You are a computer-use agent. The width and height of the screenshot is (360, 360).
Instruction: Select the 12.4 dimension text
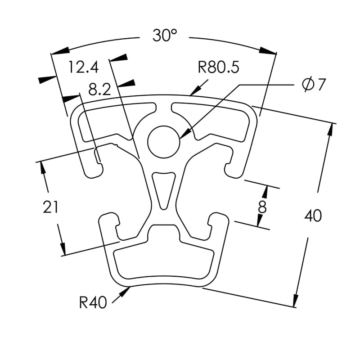[83, 67]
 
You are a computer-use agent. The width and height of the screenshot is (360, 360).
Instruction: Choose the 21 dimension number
[51, 207]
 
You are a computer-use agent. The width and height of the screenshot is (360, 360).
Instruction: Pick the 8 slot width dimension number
[262, 207]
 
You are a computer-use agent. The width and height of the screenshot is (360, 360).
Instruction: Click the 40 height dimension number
[313, 216]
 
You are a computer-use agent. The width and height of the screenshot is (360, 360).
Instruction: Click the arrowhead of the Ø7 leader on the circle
[184, 133]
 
